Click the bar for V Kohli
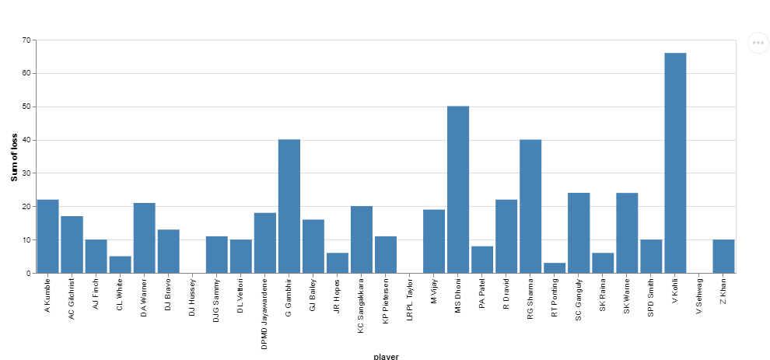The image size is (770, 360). click(x=675, y=163)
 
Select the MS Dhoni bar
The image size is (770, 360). click(x=458, y=190)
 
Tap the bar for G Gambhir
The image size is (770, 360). click(x=289, y=206)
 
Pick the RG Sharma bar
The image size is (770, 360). click(x=530, y=206)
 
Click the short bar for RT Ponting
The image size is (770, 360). click(x=555, y=268)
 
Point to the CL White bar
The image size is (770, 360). click(x=120, y=265)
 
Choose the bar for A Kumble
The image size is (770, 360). click(x=47, y=236)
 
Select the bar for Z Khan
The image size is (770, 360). click(x=723, y=257)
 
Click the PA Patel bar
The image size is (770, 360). click(x=482, y=260)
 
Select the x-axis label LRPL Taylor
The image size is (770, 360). click(x=410, y=299)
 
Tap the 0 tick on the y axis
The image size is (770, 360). click(x=29, y=274)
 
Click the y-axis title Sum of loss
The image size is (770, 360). click(x=14, y=157)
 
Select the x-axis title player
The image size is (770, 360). click(x=386, y=356)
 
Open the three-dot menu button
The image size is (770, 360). click(x=758, y=43)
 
